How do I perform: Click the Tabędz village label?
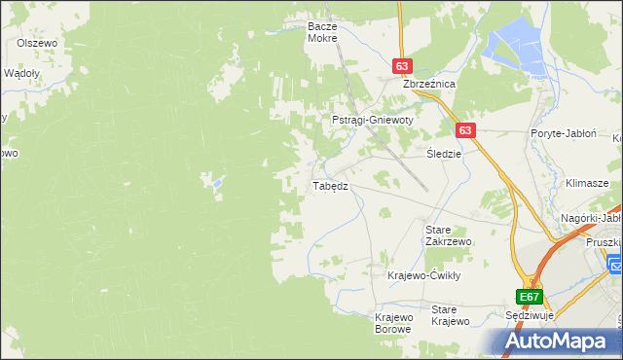[328, 186]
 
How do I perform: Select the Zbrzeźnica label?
[430, 85]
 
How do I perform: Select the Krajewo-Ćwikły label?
[423, 275]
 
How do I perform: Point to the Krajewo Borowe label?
[394, 323]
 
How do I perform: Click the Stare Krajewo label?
[451, 315]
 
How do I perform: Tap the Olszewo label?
[39, 44]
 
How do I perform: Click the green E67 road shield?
[529, 297]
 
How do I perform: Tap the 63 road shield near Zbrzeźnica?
[402, 66]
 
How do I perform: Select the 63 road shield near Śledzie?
[465, 130]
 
